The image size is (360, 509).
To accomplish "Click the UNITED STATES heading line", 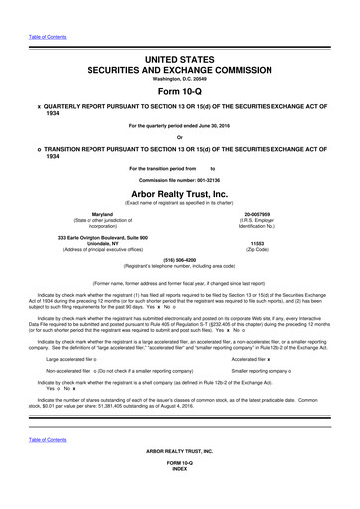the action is tap(180, 61).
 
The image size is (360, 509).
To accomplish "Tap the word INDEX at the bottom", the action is tap(180, 497).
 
